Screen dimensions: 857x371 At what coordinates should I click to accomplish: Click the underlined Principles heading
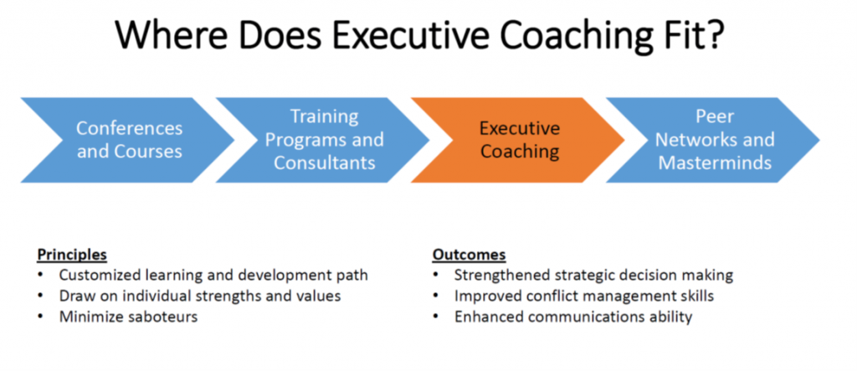click(x=72, y=255)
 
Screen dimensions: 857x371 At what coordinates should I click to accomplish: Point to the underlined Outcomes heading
click(x=469, y=255)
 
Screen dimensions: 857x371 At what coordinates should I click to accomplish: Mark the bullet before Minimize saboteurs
click(x=41, y=317)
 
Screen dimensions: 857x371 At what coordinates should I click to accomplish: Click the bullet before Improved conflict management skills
click(x=435, y=296)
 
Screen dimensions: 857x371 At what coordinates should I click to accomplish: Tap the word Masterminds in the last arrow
click(x=715, y=163)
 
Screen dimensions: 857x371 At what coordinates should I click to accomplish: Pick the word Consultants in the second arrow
click(x=324, y=163)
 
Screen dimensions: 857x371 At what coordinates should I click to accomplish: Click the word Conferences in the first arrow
click(x=129, y=128)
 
